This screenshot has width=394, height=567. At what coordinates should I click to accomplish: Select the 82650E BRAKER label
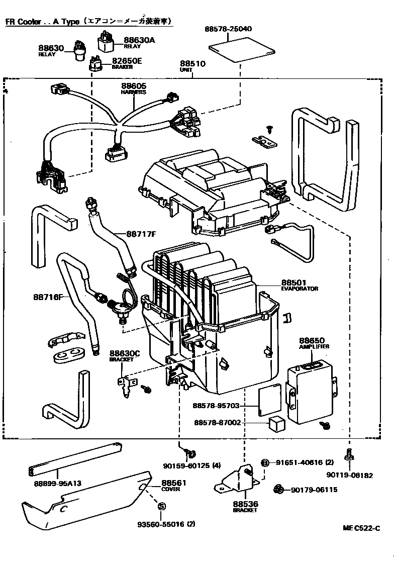[x=126, y=63]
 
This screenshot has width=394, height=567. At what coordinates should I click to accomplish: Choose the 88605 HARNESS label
[x=133, y=89]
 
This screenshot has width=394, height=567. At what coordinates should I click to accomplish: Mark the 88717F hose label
[x=141, y=234]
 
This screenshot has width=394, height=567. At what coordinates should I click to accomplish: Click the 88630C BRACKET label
[x=122, y=356]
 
